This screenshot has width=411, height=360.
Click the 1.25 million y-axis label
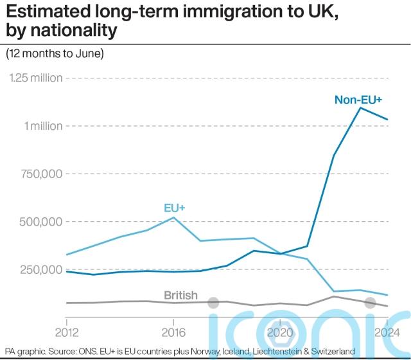click(36, 78)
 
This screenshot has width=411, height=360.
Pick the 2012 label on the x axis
click(66, 333)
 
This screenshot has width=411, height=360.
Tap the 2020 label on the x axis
click(279, 333)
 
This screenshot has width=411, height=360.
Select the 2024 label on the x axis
click(384, 333)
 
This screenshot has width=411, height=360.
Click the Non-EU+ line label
click(358, 100)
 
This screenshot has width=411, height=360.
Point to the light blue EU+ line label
click(174, 208)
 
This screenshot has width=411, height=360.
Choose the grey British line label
click(180, 296)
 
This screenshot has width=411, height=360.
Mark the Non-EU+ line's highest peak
click(360, 107)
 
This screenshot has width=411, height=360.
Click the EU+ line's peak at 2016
click(173, 217)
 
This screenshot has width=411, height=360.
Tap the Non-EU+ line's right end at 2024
click(387, 120)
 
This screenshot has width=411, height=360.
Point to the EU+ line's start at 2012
click(67, 255)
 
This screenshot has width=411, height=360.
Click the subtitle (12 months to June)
click(55, 53)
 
